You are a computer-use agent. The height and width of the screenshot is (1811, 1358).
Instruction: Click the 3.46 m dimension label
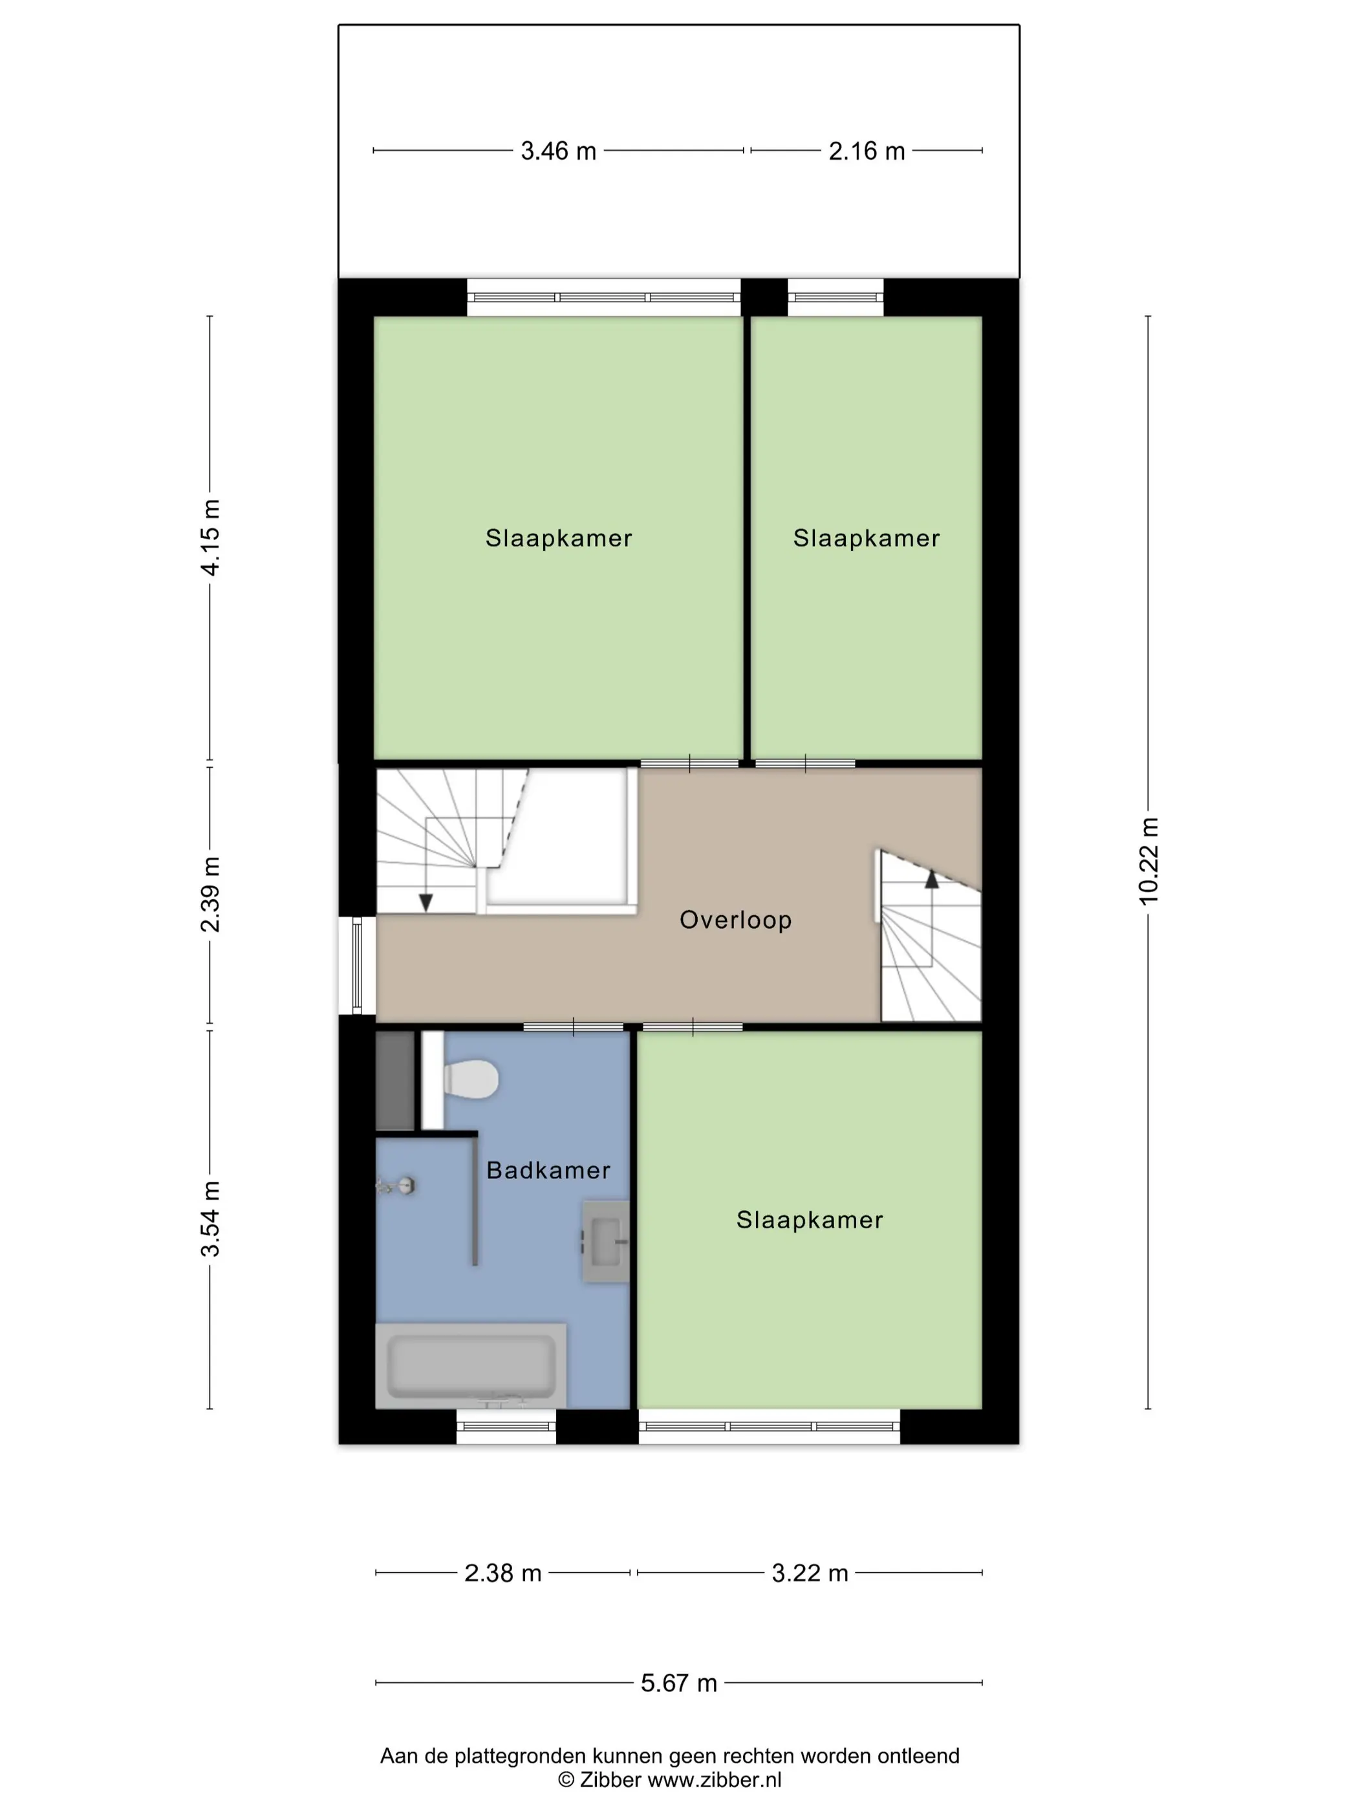tap(558, 151)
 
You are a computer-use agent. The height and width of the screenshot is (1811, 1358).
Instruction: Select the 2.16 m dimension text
tap(867, 151)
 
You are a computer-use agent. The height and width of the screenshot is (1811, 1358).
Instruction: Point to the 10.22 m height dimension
tap(1148, 860)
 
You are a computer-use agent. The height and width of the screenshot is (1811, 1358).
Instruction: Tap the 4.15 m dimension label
tap(210, 537)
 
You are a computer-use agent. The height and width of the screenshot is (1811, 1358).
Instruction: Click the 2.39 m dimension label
tap(210, 894)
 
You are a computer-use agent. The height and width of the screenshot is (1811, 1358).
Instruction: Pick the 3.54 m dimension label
tap(210, 1219)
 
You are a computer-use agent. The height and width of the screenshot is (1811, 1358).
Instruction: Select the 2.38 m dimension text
tap(502, 1573)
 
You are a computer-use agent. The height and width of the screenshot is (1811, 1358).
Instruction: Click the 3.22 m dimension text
tap(810, 1573)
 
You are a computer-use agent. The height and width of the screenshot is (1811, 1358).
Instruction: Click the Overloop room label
tap(736, 920)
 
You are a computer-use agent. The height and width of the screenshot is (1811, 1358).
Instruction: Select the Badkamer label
tap(548, 1170)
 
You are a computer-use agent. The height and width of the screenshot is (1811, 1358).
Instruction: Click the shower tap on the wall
tap(397, 1186)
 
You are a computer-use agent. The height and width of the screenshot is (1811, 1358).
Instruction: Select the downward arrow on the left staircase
tap(426, 902)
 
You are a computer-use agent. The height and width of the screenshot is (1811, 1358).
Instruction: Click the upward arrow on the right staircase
tap(932, 878)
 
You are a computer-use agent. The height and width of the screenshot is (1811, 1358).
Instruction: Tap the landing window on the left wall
tap(357, 965)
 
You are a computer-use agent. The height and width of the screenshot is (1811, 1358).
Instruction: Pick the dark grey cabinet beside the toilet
tap(394, 1080)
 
